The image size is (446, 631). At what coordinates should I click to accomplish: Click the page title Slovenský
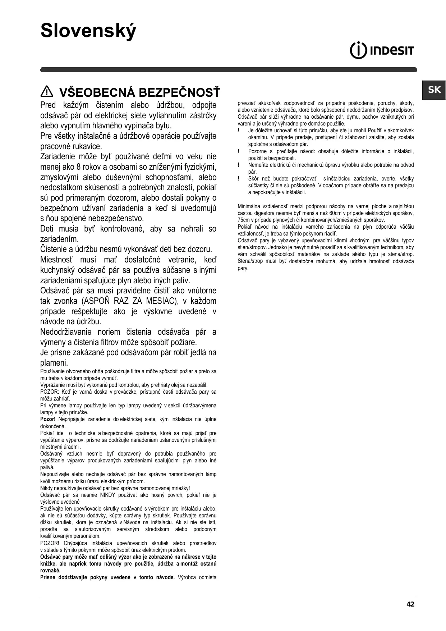[x=88, y=31]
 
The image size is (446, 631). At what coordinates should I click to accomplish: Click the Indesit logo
[x=382, y=51]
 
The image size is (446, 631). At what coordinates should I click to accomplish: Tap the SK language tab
[x=434, y=90]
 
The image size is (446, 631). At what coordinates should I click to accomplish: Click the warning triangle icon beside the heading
[x=47, y=92]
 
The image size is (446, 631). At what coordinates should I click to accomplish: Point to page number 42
[x=410, y=604]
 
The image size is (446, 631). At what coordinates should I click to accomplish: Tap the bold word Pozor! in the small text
[x=48, y=419]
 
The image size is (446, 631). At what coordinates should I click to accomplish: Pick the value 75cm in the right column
[x=244, y=220]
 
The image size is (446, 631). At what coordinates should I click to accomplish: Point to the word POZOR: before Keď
[x=50, y=392]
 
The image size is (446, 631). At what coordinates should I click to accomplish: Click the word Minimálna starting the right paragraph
[x=250, y=206]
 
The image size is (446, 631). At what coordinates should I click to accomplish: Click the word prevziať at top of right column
[x=247, y=103]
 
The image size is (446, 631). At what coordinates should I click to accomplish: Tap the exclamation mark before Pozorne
[x=239, y=151]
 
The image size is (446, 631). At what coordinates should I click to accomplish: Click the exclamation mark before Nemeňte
[x=239, y=165]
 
